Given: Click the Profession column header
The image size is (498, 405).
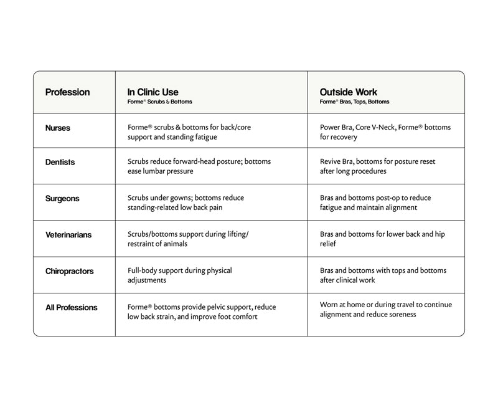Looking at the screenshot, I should pos(67,92).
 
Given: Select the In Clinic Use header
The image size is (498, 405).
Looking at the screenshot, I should pos(153,92).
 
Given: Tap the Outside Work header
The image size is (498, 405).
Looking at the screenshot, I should pos(349,92).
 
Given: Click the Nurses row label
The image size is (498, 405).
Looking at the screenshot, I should pos(58,128).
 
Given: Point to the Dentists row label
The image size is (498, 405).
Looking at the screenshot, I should pos(60,162).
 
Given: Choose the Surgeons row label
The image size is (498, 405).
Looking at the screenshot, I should pos(62,199).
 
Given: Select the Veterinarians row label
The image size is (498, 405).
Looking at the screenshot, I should pos(68,236).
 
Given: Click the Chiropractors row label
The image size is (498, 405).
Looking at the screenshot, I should pos(70,272).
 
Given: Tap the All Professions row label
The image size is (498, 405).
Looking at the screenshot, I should pos(72,308).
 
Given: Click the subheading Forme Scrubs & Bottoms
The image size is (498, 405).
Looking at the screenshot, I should pos(160,102).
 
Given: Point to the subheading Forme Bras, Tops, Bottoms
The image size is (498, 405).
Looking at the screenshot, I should pos(354,102).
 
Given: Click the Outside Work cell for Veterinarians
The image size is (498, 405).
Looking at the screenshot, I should pos(382,239).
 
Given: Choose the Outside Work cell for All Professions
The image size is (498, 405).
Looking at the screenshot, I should pos(386,310).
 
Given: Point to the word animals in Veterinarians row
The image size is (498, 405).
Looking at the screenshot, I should pos(174,244).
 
